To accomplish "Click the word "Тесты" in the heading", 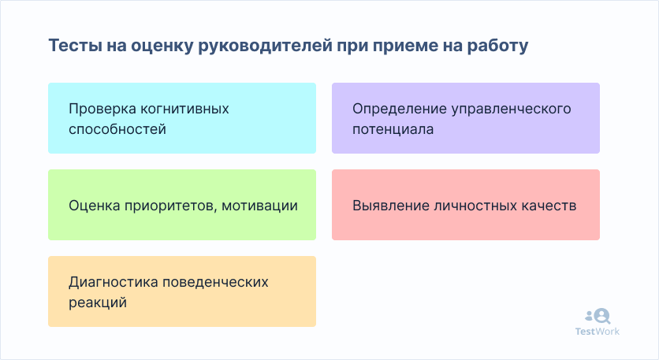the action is click(75, 46).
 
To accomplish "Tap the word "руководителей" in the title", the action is click(265, 46).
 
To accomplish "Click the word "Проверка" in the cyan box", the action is click(102, 109).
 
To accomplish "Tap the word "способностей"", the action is click(117, 129).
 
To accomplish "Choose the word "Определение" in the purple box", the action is click(400, 109).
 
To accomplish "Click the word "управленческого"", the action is click(511, 109).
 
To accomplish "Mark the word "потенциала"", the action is click(393, 129).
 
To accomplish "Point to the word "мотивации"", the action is click(259, 206).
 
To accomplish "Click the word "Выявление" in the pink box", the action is click(390, 206).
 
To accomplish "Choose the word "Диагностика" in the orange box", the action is click(113, 282).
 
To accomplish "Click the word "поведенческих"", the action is click(215, 282).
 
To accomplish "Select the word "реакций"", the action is click(98, 302).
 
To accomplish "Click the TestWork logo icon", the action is click(598, 316).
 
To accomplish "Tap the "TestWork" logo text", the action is click(598, 332).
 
